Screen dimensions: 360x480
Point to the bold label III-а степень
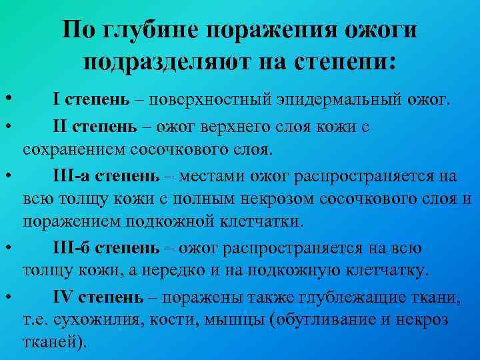tap(106, 176)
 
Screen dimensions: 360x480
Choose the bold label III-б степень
tap(106, 249)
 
